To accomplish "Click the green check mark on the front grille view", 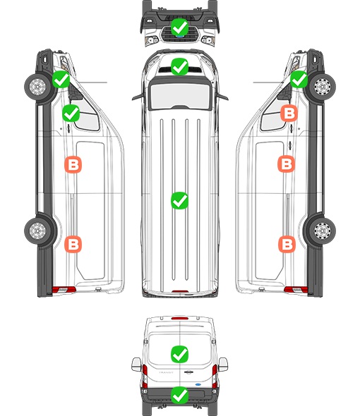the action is pyautogui.click(x=179, y=27).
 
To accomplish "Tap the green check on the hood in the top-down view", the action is pyautogui.click(x=179, y=67).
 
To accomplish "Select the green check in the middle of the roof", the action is pyautogui.click(x=179, y=200).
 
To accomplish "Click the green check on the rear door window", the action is pyautogui.click(x=179, y=354).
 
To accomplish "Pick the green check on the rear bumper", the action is pyautogui.click(x=179, y=396).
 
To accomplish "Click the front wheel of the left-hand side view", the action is pyautogui.click(x=37, y=87).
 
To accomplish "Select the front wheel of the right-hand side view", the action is pyautogui.click(x=323, y=87).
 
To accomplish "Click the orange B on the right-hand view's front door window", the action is pyautogui.click(x=289, y=114).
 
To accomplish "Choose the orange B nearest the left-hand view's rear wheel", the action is pyautogui.click(x=73, y=244).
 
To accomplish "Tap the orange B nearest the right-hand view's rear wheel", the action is pyautogui.click(x=287, y=244).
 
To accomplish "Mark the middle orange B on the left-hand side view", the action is pyautogui.click(x=73, y=165).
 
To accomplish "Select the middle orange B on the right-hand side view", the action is pyautogui.click(x=287, y=164).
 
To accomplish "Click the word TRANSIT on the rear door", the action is pyautogui.click(x=166, y=372).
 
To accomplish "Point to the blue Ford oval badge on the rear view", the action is pyautogui.click(x=198, y=384).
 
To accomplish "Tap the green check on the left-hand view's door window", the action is pyautogui.click(x=71, y=114).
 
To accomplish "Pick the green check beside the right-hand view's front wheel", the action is pyautogui.click(x=299, y=80).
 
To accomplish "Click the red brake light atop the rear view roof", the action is pyautogui.click(x=180, y=318).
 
